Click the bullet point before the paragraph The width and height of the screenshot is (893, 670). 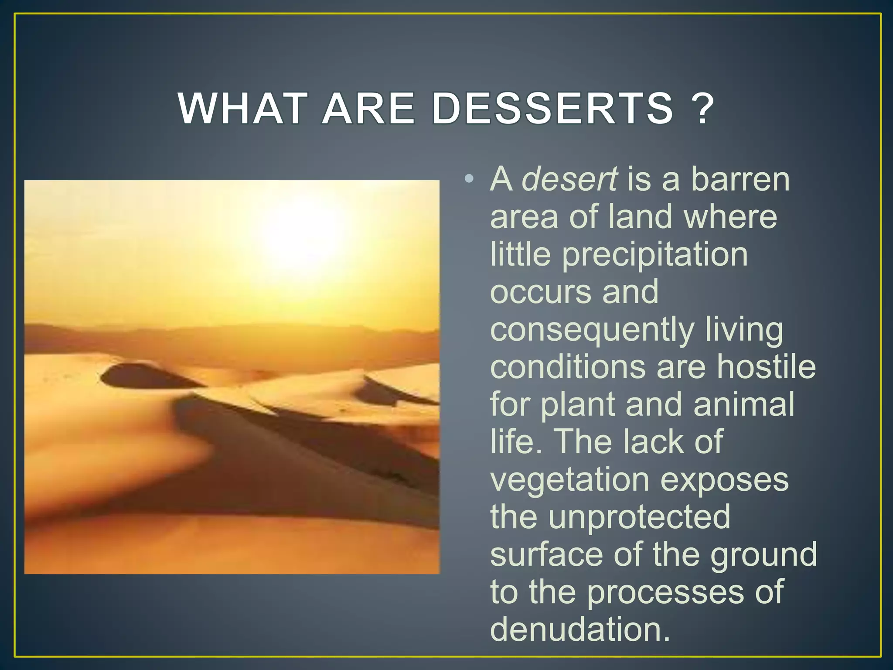469,178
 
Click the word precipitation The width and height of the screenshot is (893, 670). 655,255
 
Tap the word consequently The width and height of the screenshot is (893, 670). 592,330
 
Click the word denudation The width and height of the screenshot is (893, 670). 579,629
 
